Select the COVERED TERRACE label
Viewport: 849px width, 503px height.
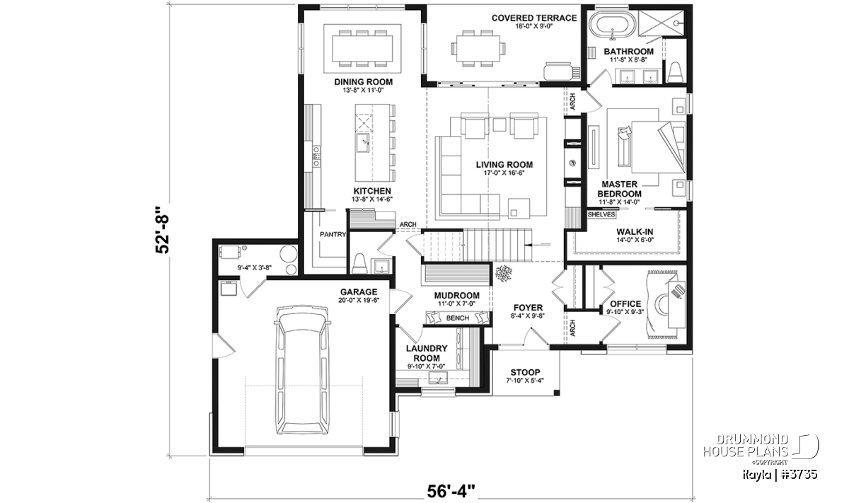534,18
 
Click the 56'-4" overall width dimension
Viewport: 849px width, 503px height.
451,492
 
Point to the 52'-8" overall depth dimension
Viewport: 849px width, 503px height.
163,230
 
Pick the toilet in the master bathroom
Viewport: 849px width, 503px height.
674,72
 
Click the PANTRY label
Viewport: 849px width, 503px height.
333,235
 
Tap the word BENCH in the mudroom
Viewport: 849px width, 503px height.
458,318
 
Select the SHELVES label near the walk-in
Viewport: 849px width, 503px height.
601,214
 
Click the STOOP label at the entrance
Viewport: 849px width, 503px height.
525,372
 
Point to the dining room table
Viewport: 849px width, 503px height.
362,48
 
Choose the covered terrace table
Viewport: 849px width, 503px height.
478,48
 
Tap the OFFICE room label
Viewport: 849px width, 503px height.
625,304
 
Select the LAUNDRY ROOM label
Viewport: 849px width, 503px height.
427,353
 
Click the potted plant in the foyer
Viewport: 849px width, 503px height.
503,273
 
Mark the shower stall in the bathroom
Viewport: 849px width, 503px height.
662,23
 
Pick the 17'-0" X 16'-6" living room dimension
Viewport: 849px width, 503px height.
504,173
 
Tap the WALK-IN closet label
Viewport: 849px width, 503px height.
635,232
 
